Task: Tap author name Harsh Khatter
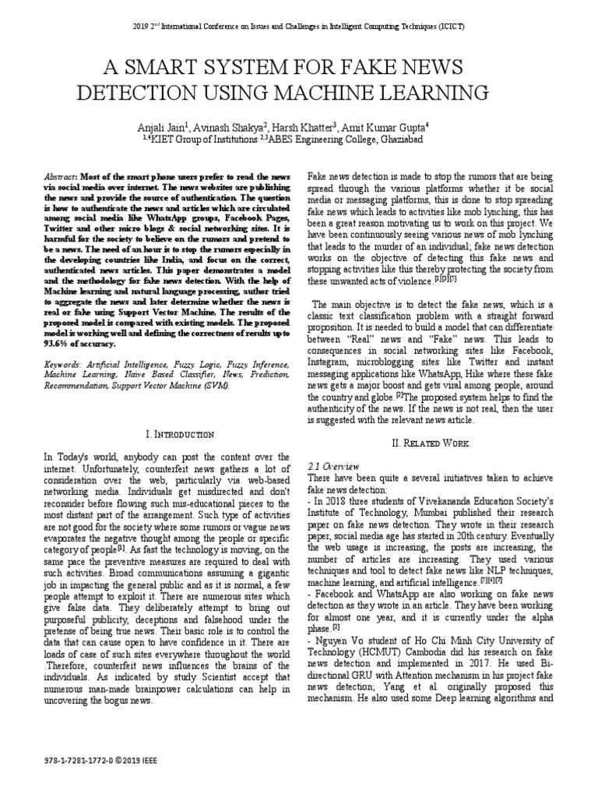click(306, 125)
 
